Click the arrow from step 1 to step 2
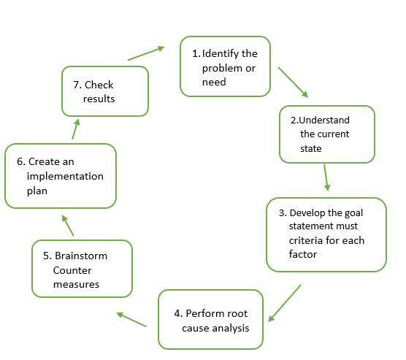(x=293, y=83)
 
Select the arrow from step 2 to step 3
(x=326, y=177)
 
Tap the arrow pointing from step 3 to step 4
(x=285, y=303)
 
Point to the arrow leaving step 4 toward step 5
(x=131, y=319)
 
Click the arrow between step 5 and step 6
(x=68, y=226)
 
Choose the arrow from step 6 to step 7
(x=76, y=129)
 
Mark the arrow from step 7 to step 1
(x=146, y=53)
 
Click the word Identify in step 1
(x=221, y=53)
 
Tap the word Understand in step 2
(x=324, y=120)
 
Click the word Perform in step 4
(x=202, y=313)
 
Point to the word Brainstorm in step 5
(x=81, y=256)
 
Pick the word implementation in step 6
(x=65, y=177)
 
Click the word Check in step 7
(x=99, y=85)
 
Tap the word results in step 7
(x=99, y=99)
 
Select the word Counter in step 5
(x=72, y=270)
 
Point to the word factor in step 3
(x=303, y=254)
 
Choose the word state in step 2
(x=311, y=149)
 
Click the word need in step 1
(x=214, y=82)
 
